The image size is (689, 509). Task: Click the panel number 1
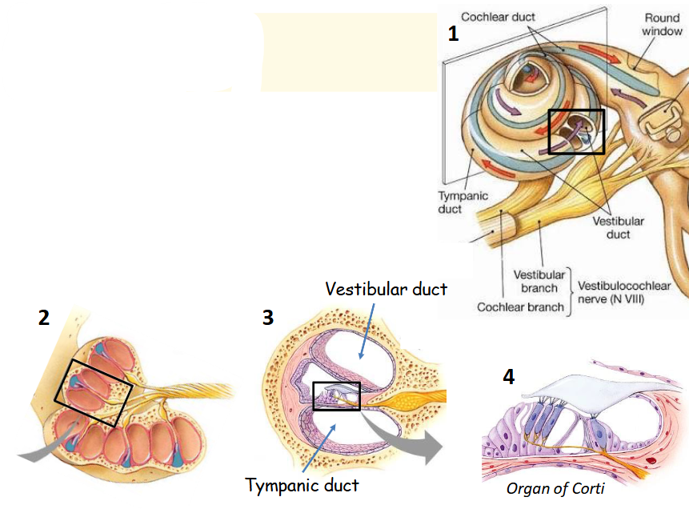(453, 34)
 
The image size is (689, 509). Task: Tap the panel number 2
(44, 318)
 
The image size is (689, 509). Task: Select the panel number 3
(267, 318)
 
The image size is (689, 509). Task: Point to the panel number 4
(508, 376)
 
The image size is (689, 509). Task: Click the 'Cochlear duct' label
(498, 17)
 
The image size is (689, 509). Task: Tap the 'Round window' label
(662, 24)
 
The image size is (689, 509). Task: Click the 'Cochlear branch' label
(520, 307)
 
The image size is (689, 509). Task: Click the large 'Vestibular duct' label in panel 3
(386, 288)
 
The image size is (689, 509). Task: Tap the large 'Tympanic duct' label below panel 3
(302, 485)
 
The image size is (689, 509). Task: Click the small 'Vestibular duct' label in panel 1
(618, 227)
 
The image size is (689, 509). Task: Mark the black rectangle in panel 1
(576, 132)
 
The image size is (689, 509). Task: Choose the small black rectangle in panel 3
(336, 396)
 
